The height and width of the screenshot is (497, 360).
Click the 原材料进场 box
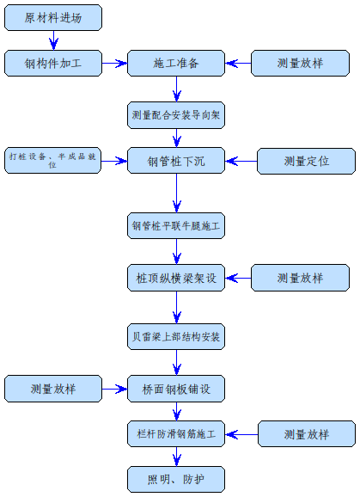[52, 18]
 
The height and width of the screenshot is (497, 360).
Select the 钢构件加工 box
[52, 63]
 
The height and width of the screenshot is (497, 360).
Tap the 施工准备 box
[176, 63]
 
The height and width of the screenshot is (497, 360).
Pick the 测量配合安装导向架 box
[176, 115]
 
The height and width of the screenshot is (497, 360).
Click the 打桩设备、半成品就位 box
[52, 160]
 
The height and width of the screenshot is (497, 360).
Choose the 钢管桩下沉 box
[176, 161]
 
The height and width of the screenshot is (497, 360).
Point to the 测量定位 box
[306, 161]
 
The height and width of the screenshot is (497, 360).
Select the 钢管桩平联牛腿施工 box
[176, 226]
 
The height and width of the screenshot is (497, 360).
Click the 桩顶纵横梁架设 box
[176, 278]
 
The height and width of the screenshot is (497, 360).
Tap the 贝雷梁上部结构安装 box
[176, 336]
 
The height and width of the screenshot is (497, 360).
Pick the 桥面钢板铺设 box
[176, 389]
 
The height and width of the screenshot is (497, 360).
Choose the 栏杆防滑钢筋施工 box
[176, 433]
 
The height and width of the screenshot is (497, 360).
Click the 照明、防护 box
[176, 478]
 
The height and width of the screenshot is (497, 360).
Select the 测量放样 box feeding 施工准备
[300, 63]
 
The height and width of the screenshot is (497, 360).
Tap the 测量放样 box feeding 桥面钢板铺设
[52, 389]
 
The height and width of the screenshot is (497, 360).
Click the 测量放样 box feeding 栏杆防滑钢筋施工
[306, 433]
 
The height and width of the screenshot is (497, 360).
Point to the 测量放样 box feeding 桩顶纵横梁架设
[300, 278]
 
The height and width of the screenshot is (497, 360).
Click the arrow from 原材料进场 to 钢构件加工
[52, 40]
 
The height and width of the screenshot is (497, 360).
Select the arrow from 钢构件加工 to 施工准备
[114, 63]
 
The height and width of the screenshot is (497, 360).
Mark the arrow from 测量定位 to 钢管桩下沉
[241, 161]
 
